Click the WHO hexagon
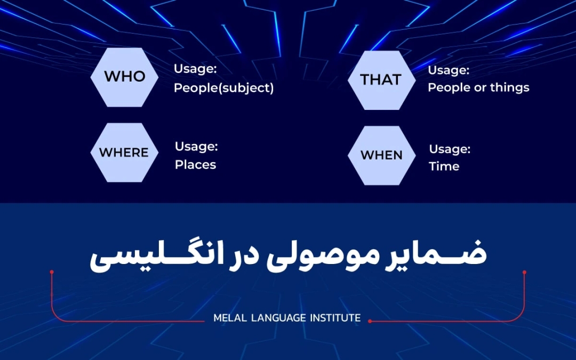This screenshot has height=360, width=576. pyautogui.click(x=124, y=77)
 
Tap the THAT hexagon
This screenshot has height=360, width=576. pyautogui.click(x=381, y=80)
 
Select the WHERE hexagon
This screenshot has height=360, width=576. pyautogui.click(x=124, y=153)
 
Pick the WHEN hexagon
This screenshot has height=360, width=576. pyautogui.click(x=381, y=155)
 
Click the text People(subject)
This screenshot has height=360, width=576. pyautogui.click(x=223, y=88)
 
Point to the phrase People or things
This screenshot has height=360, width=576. pyautogui.click(x=478, y=87)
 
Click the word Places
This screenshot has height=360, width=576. pyautogui.click(x=195, y=165)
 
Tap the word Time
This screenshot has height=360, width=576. pyautogui.click(x=444, y=166)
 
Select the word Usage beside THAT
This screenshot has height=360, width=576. pyautogui.click(x=449, y=70)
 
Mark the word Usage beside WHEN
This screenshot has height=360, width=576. pyautogui.click(x=450, y=149)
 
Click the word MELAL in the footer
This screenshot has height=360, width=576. pyautogui.click(x=228, y=318)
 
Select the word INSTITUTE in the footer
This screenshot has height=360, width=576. pyautogui.click(x=334, y=318)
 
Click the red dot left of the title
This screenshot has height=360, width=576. pyautogui.click(x=52, y=272)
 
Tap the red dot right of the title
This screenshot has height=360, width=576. pyautogui.click(x=524, y=272)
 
